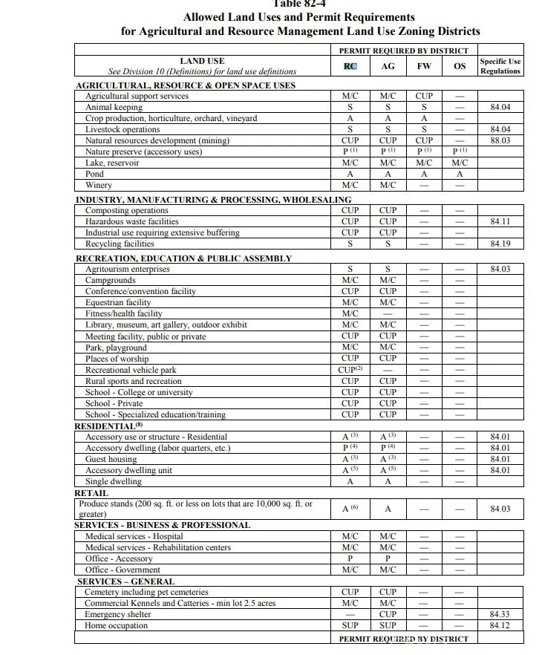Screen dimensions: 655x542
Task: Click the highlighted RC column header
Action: pyautogui.click(x=350, y=66)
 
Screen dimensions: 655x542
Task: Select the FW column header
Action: pyautogui.click(x=424, y=66)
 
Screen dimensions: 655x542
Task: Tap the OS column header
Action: pyautogui.click(x=460, y=66)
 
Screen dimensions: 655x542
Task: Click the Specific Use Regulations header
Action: pyautogui.click(x=500, y=66)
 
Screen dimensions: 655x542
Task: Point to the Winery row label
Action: pyautogui.click(x=99, y=185)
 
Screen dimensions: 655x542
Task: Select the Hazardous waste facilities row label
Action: pyautogui.click(x=132, y=221)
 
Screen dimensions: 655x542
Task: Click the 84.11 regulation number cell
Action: pyautogui.click(x=500, y=221)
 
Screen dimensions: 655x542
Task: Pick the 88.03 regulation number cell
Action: pyautogui.click(x=500, y=140)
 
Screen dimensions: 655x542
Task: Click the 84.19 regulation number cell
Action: pyautogui.click(x=500, y=244)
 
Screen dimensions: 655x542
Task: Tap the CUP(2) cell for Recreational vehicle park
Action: pyautogui.click(x=350, y=370)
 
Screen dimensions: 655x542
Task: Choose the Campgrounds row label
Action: pyautogui.click(x=111, y=281)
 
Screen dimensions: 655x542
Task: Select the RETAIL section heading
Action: pyautogui.click(x=91, y=493)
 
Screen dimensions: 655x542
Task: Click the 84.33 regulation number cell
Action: pyautogui.click(x=500, y=615)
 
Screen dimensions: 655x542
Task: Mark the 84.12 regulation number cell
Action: pyautogui.click(x=500, y=626)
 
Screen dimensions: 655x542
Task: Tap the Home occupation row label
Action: pyautogui.click(x=117, y=626)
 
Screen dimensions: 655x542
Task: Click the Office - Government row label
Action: pyautogui.click(x=123, y=570)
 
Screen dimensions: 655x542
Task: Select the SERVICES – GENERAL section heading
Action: pyautogui.click(x=126, y=581)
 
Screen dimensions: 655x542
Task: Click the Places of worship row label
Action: pyautogui.click(x=117, y=359)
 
